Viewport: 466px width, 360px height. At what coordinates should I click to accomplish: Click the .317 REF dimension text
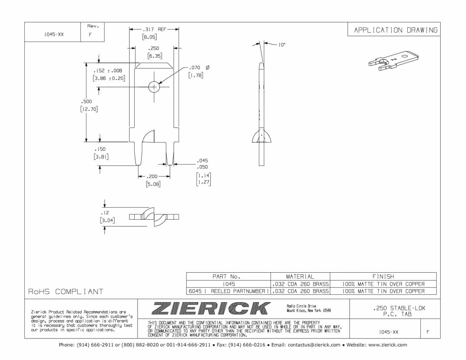tap(154, 29)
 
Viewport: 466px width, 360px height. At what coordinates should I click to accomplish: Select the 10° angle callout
tap(281, 45)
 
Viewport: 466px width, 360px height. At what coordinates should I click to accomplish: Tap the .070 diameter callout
tap(195, 67)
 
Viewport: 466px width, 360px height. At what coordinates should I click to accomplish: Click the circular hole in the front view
tap(154, 87)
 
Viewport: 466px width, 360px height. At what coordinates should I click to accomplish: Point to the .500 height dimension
tap(88, 102)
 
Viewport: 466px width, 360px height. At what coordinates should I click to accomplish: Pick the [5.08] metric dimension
tap(153, 184)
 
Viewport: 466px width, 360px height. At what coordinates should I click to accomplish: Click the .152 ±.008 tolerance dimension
tap(108, 70)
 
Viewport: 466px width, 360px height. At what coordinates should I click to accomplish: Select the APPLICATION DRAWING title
tap(396, 30)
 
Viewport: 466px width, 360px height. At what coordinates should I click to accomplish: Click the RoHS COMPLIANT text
tap(66, 292)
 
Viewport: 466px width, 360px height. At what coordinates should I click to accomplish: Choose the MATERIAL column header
tap(300, 276)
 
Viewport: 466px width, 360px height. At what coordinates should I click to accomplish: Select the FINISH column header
tap(383, 276)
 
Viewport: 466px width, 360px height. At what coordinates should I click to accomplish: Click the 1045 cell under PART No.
tap(228, 284)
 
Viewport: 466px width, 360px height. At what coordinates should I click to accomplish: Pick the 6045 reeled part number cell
tap(228, 291)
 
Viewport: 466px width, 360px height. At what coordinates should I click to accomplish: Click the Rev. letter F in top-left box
tap(90, 34)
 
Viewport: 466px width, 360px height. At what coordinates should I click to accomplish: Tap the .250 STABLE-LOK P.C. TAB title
tap(399, 311)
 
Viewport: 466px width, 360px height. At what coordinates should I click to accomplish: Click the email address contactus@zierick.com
tap(314, 345)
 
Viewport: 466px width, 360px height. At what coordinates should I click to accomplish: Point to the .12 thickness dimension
tap(105, 213)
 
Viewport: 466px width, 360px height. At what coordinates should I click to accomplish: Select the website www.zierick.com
tap(388, 345)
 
